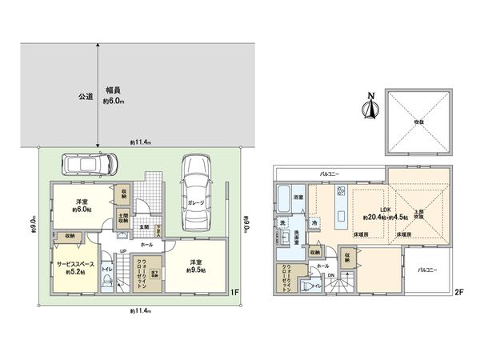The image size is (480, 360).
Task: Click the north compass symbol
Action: point(370,108)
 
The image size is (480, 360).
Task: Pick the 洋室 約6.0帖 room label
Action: point(82,206)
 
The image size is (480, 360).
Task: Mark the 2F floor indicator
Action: point(458,292)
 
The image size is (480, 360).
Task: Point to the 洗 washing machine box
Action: point(282,222)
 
